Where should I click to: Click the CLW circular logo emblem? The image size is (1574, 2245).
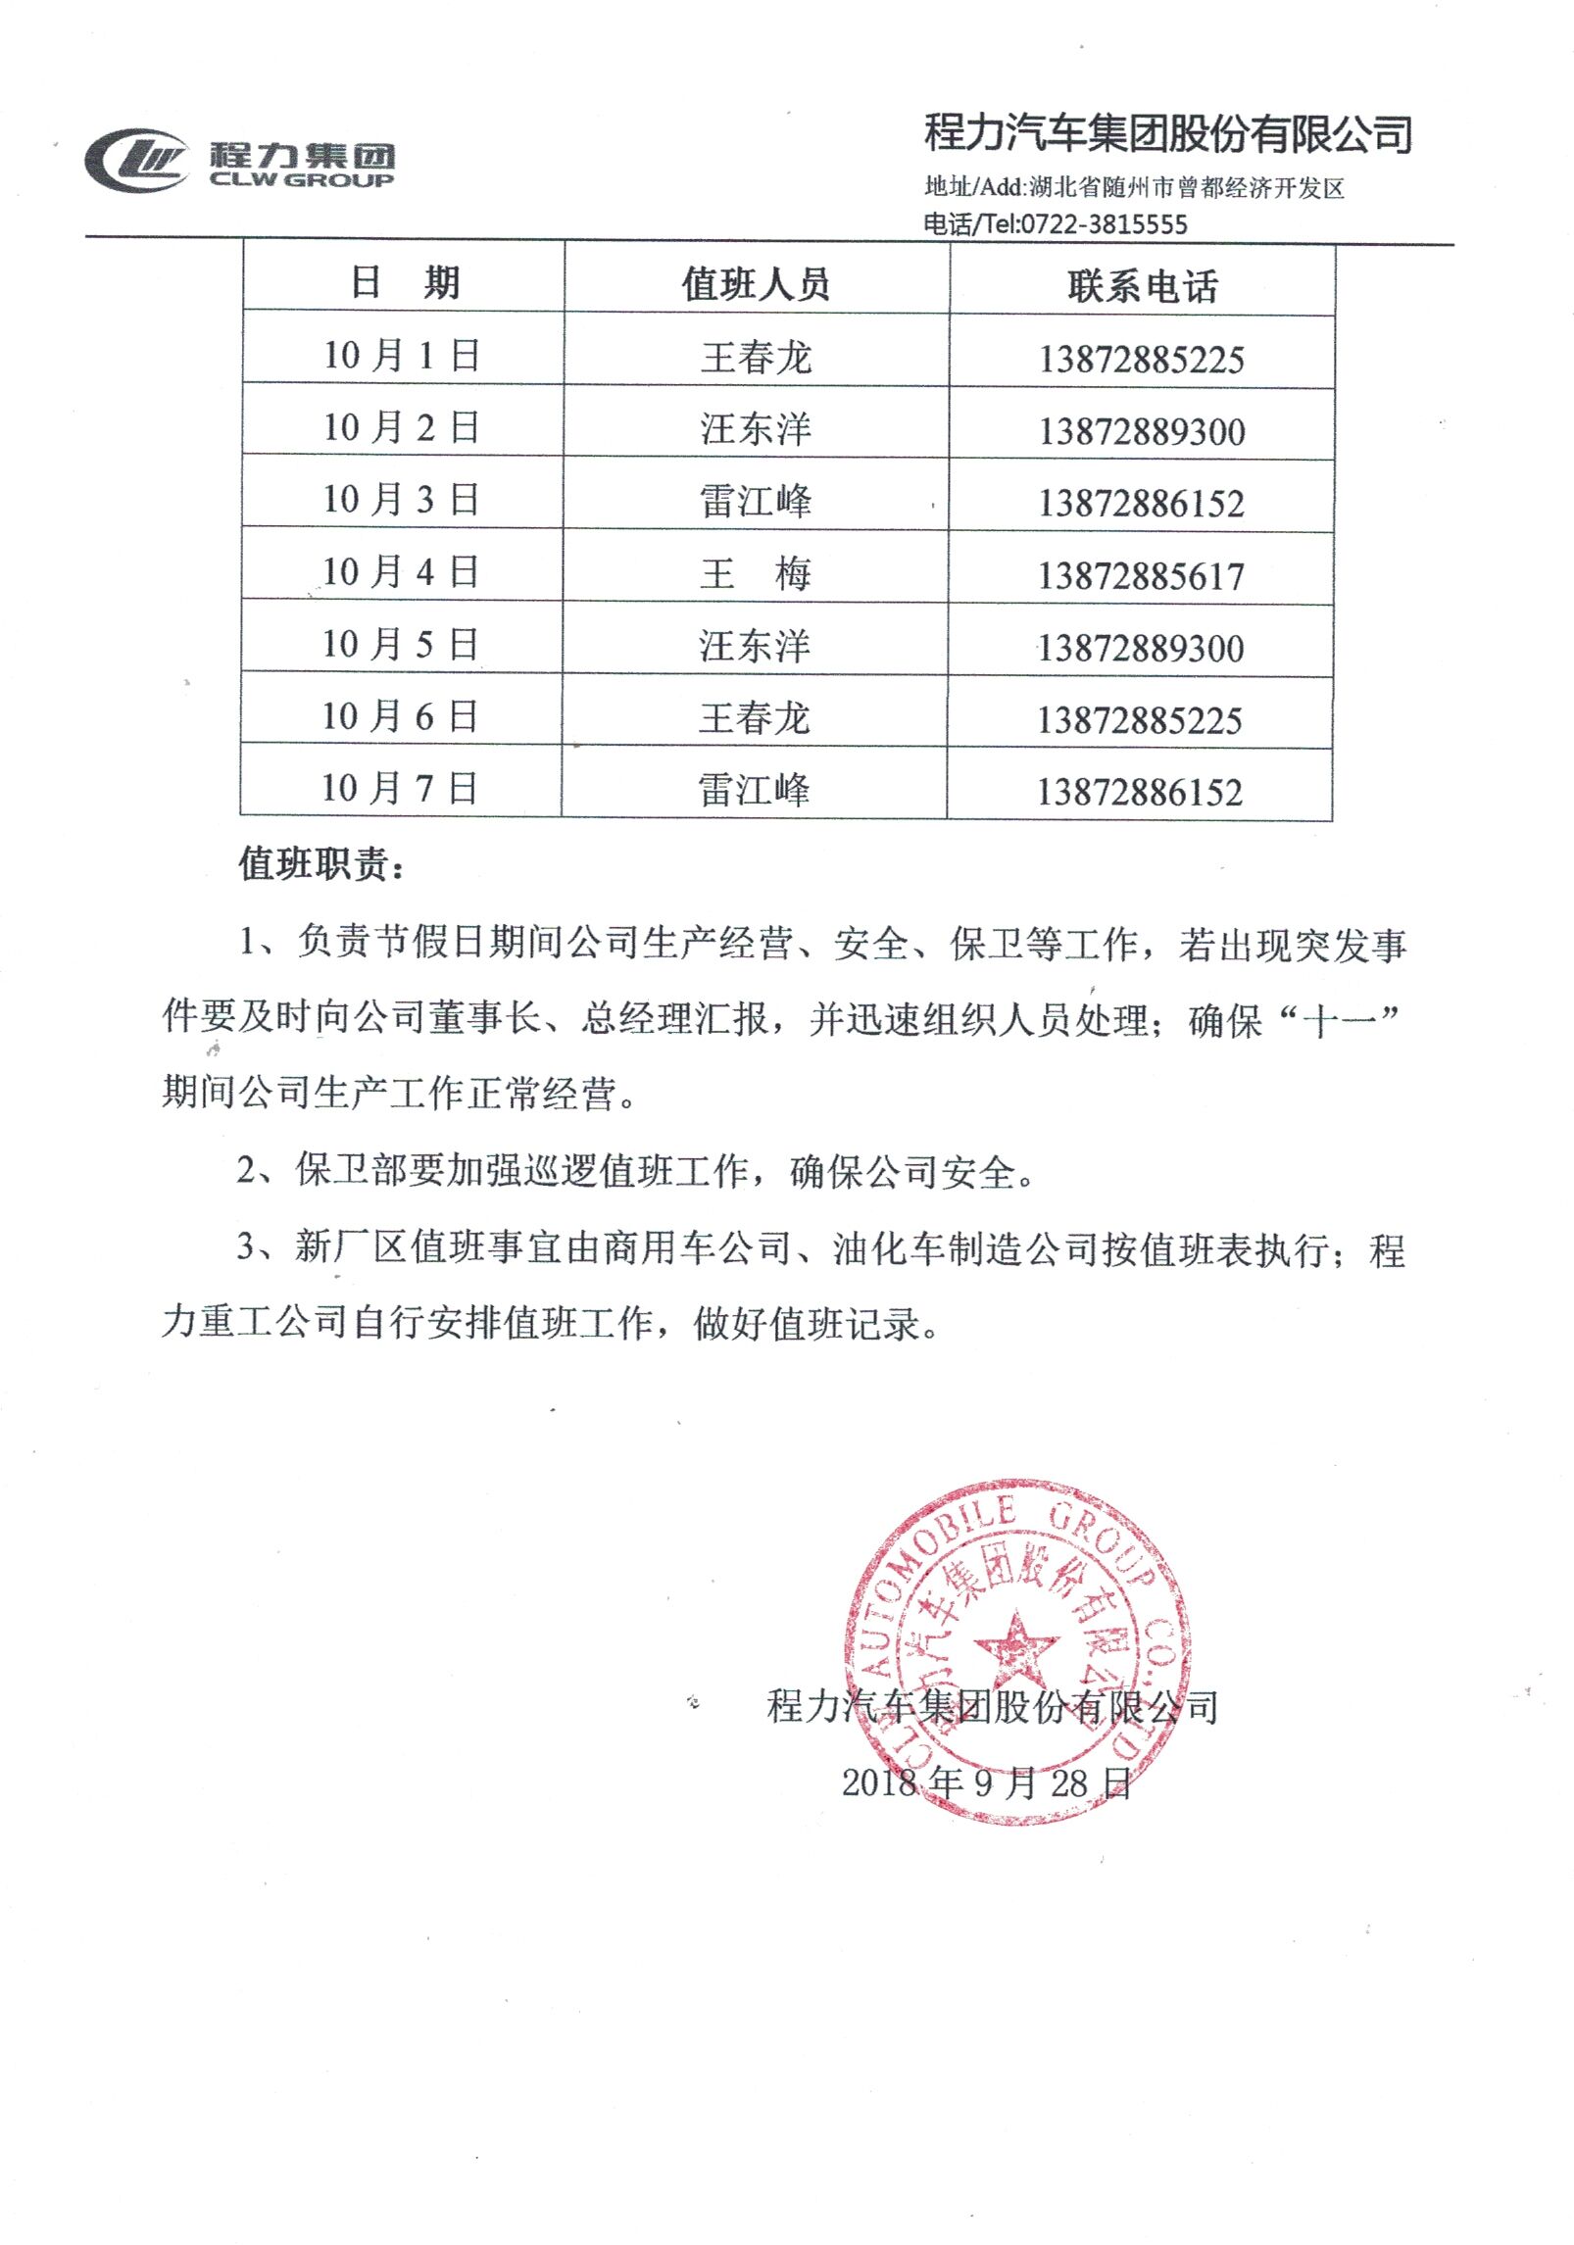pos(136,161)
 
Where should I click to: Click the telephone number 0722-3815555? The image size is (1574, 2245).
pos(1104,224)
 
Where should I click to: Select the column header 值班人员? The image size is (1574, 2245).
pos(756,284)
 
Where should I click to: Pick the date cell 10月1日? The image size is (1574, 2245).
pos(402,355)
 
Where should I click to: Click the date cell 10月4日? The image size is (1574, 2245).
pos(401,572)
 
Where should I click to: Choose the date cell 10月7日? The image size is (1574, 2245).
pos(400,788)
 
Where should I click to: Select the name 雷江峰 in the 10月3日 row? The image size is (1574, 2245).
pos(756,502)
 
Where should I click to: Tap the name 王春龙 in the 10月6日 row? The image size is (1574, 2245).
pos(755,718)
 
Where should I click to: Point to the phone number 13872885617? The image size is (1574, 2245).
pos(1141,576)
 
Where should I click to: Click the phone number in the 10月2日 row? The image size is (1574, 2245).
pos(1142,432)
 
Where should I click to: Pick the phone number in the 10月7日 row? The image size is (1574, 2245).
pos(1140,792)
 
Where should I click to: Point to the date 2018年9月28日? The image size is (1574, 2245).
pos(987,1782)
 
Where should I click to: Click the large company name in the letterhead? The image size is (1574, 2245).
pos(1168,133)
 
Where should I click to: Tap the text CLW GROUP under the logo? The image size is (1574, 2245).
pos(302,180)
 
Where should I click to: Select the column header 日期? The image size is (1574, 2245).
pos(405,282)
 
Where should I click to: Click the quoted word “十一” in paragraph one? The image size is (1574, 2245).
pos(1339,1021)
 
